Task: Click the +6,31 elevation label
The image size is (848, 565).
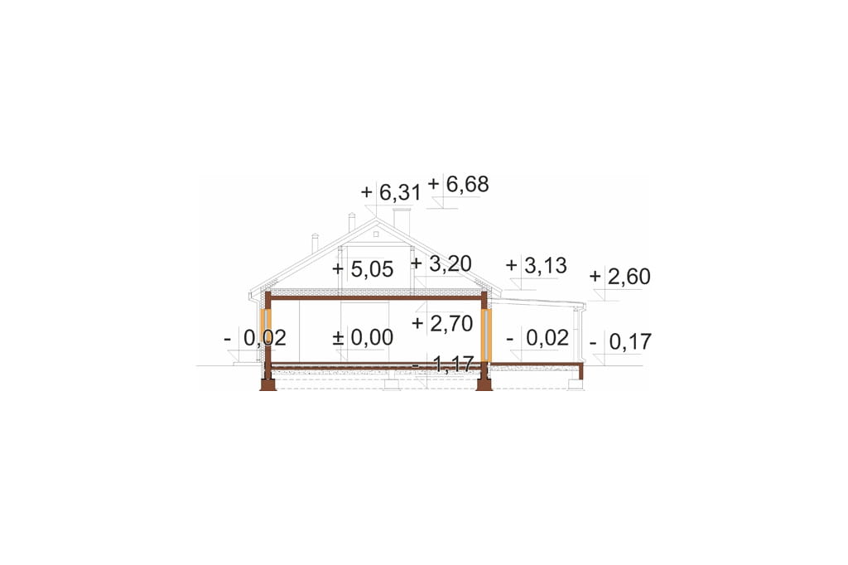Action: click(391, 192)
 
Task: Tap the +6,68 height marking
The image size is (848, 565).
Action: click(458, 184)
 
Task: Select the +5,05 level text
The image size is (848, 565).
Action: click(363, 269)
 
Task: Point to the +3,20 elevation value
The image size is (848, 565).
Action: click(441, 263)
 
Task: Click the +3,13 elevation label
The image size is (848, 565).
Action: click(536, 266)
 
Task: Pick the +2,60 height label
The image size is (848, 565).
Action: click(619, 277)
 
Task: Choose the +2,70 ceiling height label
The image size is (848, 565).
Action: click(442, 324)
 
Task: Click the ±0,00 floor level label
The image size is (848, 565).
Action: click(363, 338)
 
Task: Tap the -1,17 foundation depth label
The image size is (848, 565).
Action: click(442, 365)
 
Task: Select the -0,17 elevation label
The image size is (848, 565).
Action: click(621, 342)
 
